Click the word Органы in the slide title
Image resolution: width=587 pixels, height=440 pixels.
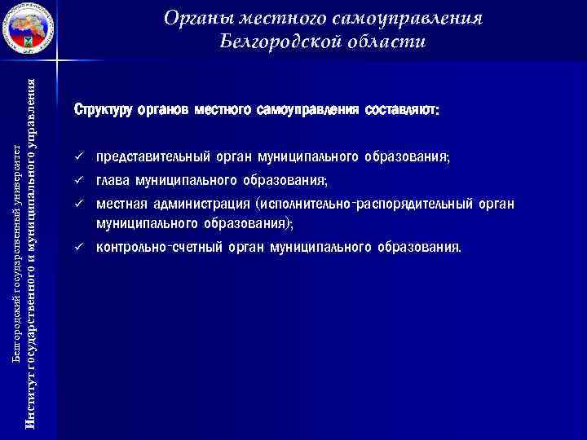pyautogui.click(x=195, y=17)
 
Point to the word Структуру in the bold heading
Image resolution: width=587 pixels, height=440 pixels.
pyautogui.click(x=104, y=109)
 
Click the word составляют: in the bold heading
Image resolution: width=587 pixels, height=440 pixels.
pyautogui.click(x=403, y=109)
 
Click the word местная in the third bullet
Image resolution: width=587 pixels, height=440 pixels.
pyautogui.click(x=119, y=204)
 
